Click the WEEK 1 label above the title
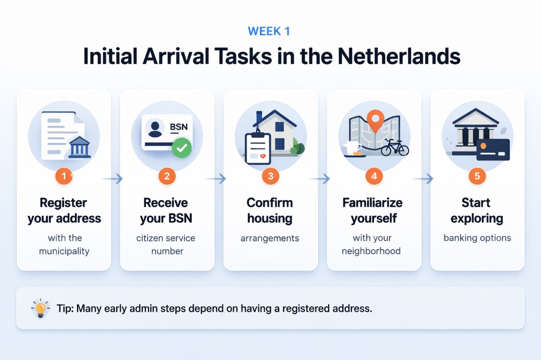269,31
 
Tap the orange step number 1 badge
64,176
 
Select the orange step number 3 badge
270,176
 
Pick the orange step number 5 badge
477,176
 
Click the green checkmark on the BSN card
182,148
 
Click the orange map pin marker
374,120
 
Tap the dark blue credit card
492,150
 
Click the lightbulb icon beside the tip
40,308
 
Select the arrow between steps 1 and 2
112,179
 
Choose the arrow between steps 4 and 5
423,179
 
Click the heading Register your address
64,210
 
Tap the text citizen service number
167,244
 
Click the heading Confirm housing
270,210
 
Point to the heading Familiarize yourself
372,210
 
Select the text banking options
477,238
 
